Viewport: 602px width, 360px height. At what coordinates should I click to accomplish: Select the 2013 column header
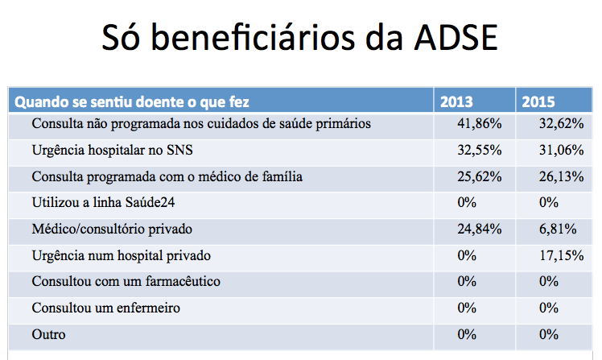456,102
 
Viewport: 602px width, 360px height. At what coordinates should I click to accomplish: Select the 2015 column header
538,102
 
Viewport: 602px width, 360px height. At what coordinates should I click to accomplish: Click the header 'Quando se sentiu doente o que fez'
133,102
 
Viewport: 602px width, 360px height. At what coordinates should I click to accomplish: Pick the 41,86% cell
480,124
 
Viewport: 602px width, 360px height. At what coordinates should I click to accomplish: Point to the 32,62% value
558,124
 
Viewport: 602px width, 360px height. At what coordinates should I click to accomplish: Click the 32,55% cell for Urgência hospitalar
480,150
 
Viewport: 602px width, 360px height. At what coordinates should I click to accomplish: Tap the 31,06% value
558,150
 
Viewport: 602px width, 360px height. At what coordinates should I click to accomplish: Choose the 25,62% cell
480,176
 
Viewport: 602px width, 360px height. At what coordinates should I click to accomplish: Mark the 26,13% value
558,176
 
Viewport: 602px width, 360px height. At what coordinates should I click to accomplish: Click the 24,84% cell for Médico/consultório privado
480,229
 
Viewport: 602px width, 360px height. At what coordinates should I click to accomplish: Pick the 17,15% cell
558,255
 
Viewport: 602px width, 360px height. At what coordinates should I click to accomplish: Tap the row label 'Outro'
48,334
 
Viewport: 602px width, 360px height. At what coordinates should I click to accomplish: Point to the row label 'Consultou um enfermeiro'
105,308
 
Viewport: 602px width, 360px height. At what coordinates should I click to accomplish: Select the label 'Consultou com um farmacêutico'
126,282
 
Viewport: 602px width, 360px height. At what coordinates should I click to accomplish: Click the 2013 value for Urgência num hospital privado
467,255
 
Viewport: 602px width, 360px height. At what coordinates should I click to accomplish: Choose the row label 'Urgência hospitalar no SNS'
112,150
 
